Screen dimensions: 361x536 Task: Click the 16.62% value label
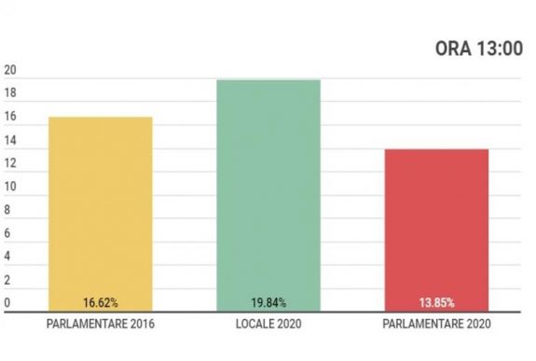point(100,303)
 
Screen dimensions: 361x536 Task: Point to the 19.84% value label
point(268,303)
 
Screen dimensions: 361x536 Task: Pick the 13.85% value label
point(435,303)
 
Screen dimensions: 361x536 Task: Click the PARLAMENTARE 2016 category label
point(100,325)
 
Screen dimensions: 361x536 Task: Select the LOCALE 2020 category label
point(268,325)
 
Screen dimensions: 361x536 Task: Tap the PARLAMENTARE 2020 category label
point(435,325)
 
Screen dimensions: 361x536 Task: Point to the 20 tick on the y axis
point(10,72)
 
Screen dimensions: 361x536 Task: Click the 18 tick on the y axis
point(10,95)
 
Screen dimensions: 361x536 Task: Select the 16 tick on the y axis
point(10,118)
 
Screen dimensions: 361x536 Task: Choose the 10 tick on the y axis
point(10,187)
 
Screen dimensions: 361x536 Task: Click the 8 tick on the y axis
point(7,211)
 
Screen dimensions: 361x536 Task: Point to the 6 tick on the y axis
point(7,234)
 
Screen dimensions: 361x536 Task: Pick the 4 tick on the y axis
point(7,257)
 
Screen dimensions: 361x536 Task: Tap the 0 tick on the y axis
point(7,303)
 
